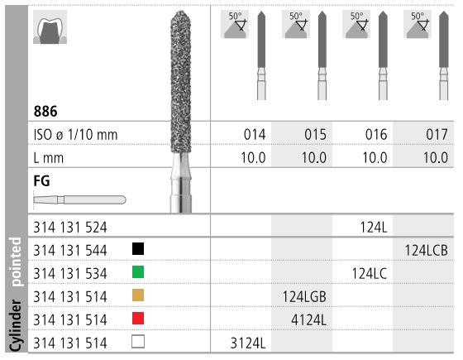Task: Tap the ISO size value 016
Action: point(364,133)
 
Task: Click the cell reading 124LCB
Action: point(425,248)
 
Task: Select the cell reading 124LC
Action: point(365,271)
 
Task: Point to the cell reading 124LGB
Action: point(303,293)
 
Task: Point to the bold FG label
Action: point(41,177)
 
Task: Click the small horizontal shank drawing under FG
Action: point(79,199)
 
